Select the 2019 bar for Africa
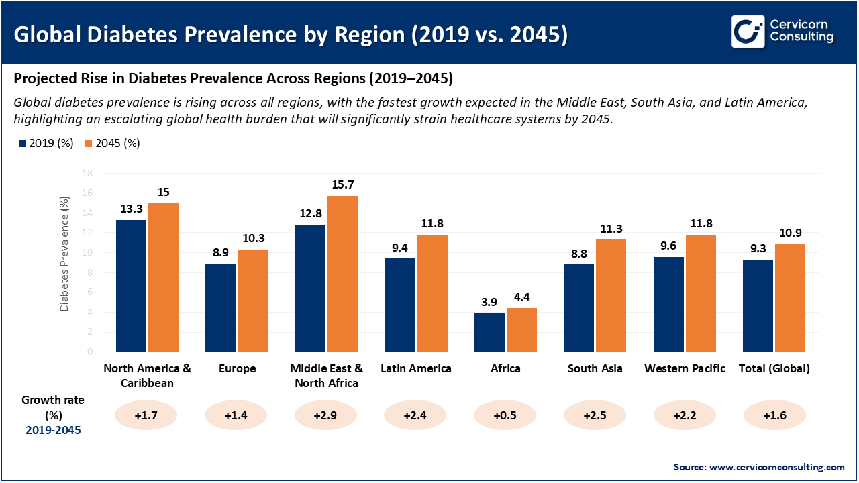(x=489, y=332)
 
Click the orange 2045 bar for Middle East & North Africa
(x=342, y=274)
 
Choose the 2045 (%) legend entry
(x=112, y=143)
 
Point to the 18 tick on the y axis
(x=87, y=173)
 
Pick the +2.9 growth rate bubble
(x=325, y=415)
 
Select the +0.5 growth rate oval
(x=505, y=415)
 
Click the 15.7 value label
(x=343, y=184)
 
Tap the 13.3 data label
(x=132, y=209)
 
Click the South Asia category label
(x=595, y=368)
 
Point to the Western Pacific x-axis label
(x=685, y=368)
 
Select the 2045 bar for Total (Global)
(x=790, y=297)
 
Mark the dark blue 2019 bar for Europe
(x=220, y=307)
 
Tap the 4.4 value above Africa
(x=521, y=297)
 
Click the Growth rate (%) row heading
(x=53, y=407)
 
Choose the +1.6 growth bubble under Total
(x=774, y=415)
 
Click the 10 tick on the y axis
(x=87, y=252)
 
